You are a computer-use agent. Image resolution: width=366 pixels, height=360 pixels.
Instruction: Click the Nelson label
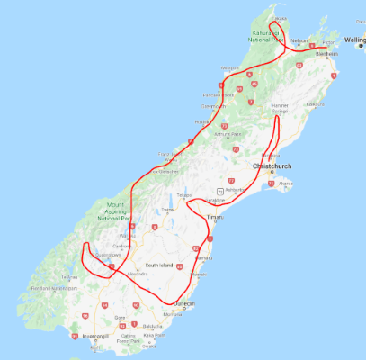pos(299,41)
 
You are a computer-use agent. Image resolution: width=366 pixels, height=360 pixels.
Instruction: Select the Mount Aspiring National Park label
pos(114,212)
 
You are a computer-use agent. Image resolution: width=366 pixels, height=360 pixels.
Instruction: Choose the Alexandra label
pos(136,269)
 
